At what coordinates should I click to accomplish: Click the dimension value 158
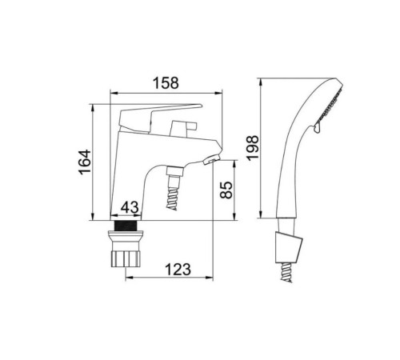[166, 83]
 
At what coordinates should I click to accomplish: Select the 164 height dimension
[85, 162]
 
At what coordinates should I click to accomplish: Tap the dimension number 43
[130, 207]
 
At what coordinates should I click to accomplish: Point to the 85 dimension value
[226, 190]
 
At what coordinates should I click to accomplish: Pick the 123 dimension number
[178, 269]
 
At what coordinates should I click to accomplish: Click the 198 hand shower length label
[252, 148]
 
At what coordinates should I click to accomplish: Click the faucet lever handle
[160, 118]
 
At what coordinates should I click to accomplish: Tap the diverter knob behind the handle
[184, 127]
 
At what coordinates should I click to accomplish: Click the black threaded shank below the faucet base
[126, 226]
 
